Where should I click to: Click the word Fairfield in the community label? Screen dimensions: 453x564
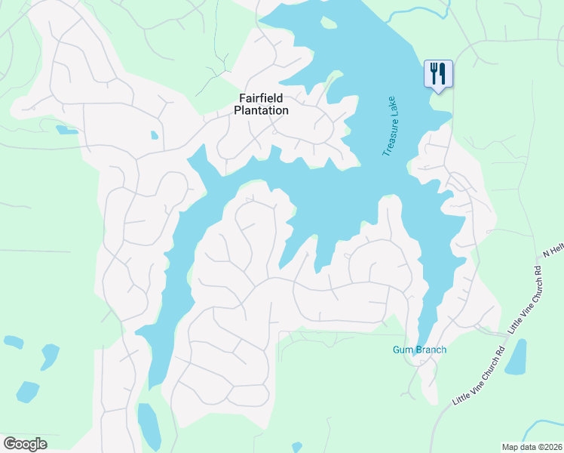261,98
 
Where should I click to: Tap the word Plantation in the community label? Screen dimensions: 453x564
261,110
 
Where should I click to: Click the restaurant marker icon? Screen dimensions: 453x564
438,74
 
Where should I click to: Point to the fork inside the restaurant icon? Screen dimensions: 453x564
434,73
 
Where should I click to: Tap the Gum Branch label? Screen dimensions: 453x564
419,350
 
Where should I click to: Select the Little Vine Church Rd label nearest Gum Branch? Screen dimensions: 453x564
478,375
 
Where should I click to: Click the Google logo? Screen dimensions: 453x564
25,443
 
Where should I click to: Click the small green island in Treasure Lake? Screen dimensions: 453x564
329,23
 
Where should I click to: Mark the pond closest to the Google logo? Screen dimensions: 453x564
27,392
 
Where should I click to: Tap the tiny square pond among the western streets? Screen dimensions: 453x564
154,135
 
